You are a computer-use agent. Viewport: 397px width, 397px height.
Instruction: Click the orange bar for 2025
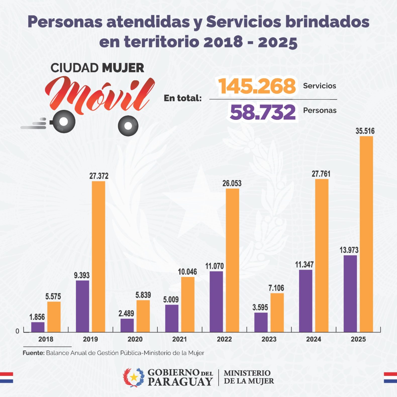[366, 234]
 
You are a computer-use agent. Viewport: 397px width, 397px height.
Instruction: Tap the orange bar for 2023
[277, 313]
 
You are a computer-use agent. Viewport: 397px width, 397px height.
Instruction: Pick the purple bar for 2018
[38, 327]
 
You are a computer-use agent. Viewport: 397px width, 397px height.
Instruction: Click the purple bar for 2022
[216, 302]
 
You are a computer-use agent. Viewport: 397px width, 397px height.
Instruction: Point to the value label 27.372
[99, 176]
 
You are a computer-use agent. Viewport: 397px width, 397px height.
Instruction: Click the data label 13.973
[349, 250]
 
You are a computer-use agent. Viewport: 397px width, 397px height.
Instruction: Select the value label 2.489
[126, 313]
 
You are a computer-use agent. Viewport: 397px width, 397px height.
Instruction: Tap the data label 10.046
[187, 272]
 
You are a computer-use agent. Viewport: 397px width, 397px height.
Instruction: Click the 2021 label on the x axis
[179, 339]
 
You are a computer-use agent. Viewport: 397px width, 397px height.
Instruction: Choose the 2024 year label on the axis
[313, 339]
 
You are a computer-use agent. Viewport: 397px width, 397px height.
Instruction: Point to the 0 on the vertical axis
[17, 331]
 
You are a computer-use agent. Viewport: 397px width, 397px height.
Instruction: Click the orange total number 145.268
[257, 86]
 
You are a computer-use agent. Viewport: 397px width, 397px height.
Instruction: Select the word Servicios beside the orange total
[319, 86]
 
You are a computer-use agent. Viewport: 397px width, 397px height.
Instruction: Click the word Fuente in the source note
[33, 353]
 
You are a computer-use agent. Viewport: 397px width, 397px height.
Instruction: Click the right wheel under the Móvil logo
[128, 126]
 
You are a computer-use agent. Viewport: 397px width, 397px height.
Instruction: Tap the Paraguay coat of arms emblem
[134, 377]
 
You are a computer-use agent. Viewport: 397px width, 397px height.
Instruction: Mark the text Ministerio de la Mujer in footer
[249, 377]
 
